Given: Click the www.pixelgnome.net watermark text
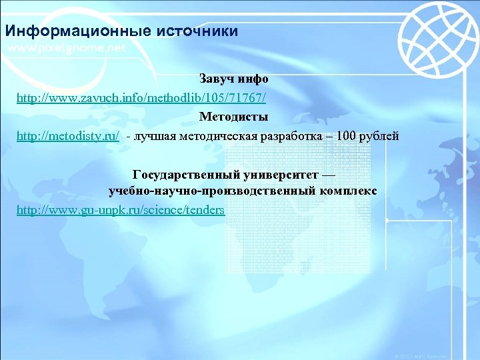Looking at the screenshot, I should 67,49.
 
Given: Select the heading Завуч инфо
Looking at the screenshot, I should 233,79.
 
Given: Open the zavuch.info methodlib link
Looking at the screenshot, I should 141,98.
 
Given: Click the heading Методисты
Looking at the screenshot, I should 233,117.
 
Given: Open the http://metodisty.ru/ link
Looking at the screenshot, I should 68,137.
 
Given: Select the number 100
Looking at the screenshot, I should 347,137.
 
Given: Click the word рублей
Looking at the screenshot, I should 379,137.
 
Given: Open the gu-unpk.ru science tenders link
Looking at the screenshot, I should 121,211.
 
